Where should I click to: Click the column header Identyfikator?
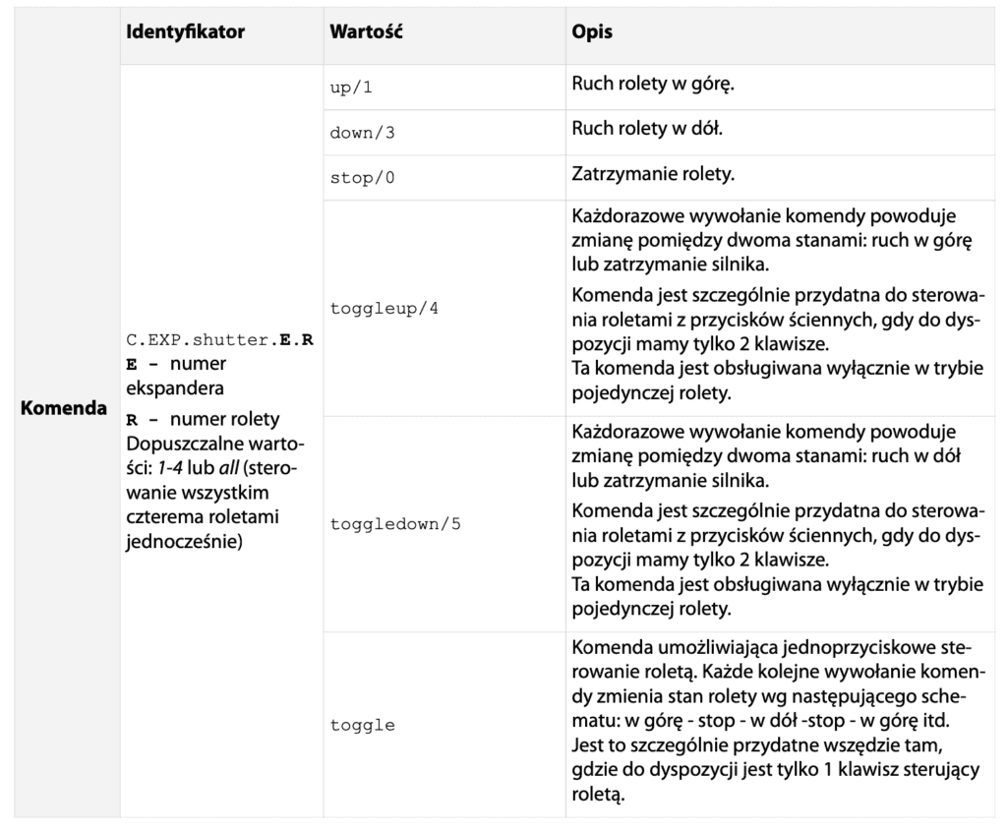pos(185,32)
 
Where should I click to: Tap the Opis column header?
pos(592,32)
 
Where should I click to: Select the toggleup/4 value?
pos(386,309)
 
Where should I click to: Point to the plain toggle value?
pos(364,725)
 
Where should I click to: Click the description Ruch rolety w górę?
pos(654,86)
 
